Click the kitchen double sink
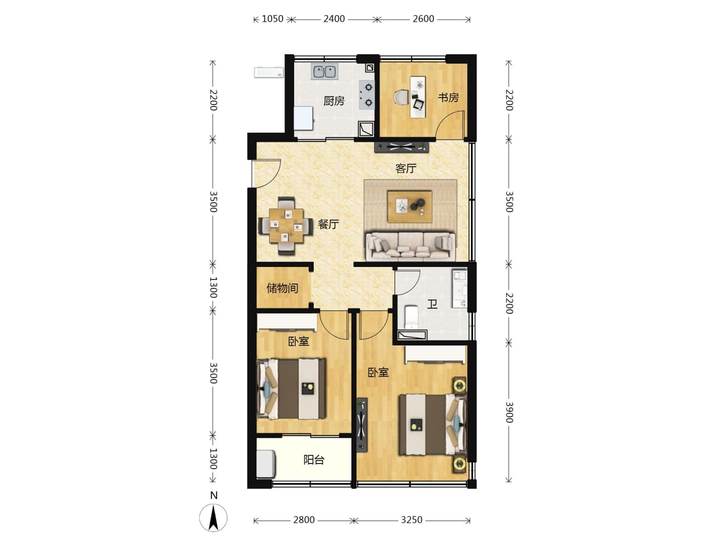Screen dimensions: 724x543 [324, 71]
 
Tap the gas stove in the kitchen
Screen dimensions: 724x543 [367, 95]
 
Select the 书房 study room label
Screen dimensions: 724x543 [448, 97]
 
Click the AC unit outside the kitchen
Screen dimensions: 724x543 [269, 72]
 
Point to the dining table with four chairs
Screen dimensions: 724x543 [286, 226]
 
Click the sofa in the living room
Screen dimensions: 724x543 [411, 246]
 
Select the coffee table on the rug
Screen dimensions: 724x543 [410, 207]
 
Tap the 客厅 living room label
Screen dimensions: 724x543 [406, 168]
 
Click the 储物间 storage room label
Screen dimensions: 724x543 [283, 288]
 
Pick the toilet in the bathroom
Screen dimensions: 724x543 [411, 317]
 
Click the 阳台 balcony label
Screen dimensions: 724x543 [314, 460]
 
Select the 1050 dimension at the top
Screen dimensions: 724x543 [273, 19]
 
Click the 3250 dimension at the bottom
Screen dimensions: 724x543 [412, 520]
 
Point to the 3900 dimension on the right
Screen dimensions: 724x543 [509, 412]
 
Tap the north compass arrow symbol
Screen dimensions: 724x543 [213, 518]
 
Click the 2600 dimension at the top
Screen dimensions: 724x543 [423, 19]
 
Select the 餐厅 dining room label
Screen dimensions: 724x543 [328, 225]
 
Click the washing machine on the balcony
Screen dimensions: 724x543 [266, 464]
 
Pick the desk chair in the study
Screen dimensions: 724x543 [401, 98]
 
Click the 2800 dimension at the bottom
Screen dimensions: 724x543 [304, 520]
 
